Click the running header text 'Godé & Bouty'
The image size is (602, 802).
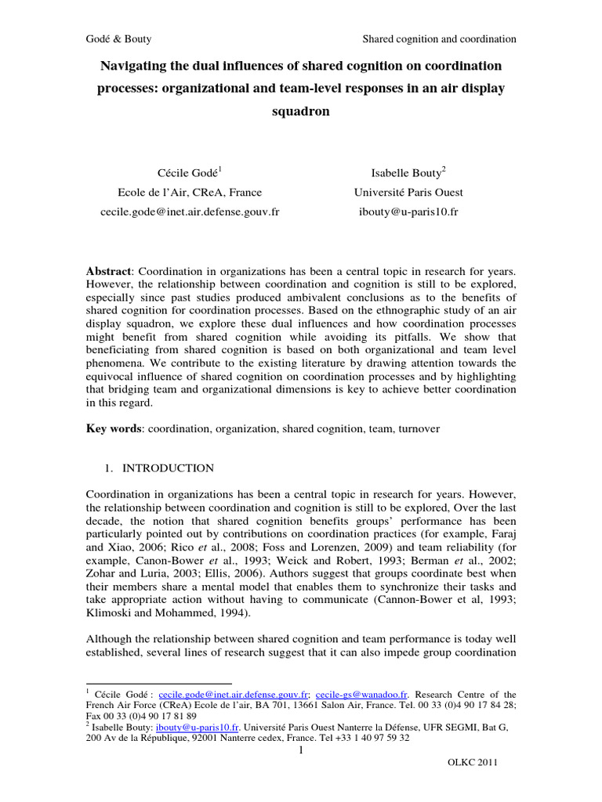[118, 38]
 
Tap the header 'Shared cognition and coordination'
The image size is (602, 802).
[439, 38]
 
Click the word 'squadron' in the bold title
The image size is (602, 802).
[300, 112]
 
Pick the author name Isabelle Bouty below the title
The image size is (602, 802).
[406, 171]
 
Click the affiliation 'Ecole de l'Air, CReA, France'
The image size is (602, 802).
[190, 192]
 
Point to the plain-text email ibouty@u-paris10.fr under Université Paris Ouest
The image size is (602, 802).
[407, 212]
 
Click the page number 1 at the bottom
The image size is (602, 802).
[301, 753]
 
